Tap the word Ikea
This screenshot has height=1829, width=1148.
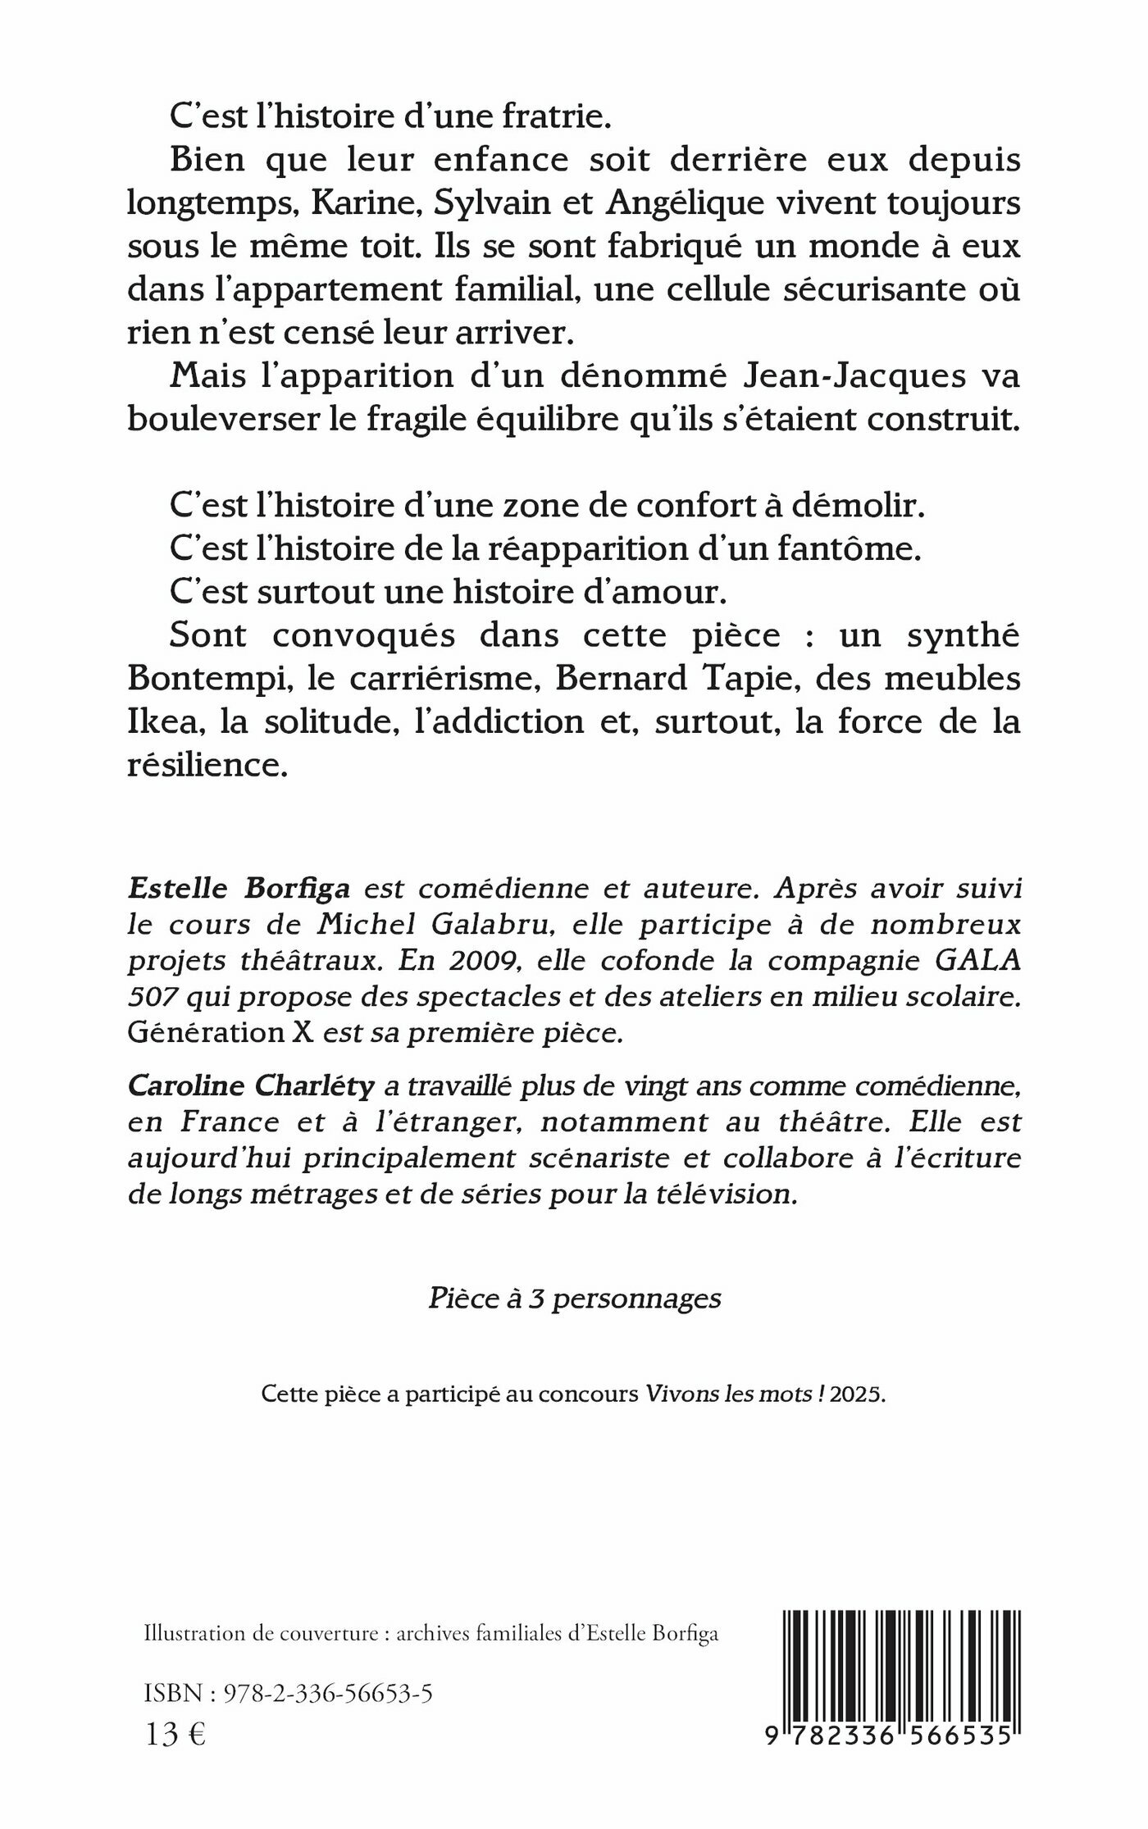click(x=157, y=723)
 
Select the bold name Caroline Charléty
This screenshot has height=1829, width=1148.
click(x=252, y=1086)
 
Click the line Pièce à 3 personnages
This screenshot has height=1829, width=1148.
click(x=575, y=1299)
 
